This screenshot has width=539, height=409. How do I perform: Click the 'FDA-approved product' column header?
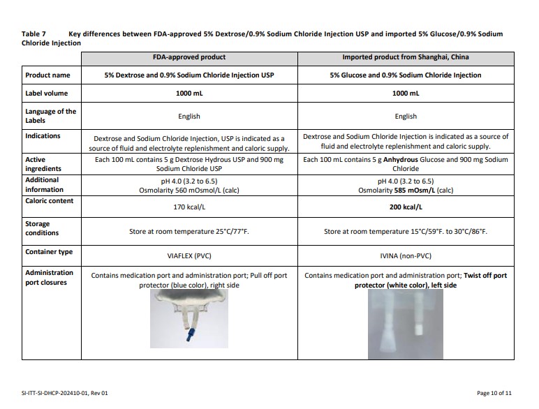coord(189,57)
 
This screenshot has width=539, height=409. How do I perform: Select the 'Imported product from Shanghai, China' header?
coord(405,57)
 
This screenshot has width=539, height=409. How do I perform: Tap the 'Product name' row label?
coord(47,75)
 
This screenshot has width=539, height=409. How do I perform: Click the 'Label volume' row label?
coord(48,93)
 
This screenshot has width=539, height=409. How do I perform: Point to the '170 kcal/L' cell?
coord(189,207)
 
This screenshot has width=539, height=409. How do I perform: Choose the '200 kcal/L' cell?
coord(405,207)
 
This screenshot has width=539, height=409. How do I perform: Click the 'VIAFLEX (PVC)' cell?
coord(189,256)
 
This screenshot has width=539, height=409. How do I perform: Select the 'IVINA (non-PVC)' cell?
coord(405,256)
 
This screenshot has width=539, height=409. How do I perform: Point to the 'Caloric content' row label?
coord(50,201)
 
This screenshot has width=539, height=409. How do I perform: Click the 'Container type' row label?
coord(49,252)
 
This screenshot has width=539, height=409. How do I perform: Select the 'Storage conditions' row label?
coord(42,228)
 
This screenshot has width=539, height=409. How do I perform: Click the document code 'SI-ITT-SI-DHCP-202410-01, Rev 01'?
coord(66,394)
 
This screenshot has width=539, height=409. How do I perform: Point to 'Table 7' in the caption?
coord(34,34)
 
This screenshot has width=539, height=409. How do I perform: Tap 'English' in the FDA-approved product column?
coord(189,117)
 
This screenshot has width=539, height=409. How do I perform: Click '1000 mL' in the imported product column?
coord(405,93)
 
